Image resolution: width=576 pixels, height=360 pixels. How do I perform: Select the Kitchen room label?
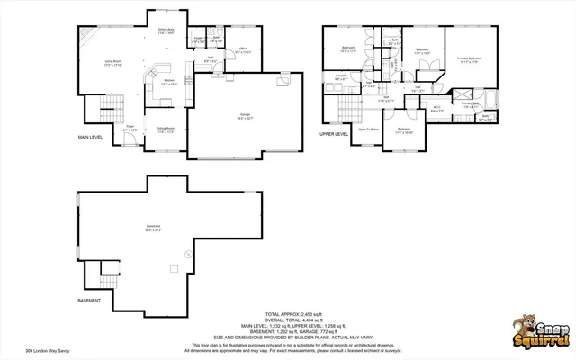pyautogui.click(x=166, y=81)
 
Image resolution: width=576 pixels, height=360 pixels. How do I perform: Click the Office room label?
pyautogui.click(x=243, y=51)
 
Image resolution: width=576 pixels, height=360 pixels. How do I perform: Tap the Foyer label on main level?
pyautogui.click(x=130, y=128)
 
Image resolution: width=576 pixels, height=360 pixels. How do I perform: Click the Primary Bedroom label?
pyautogui.click(x=469, y=61)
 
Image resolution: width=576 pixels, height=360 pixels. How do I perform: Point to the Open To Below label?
pyautogui.click(x=368, y=130)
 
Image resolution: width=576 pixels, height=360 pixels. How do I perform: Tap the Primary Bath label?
pyautogui.click(x=470, y=105)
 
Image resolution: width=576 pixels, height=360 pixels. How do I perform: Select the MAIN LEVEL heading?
pyautogui.click(x=90, y=138)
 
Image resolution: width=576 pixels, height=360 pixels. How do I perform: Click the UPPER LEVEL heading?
pyautogui.click(x=333, y=133)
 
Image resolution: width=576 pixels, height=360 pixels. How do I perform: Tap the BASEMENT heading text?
pyautogui.click(x=89, y=300)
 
